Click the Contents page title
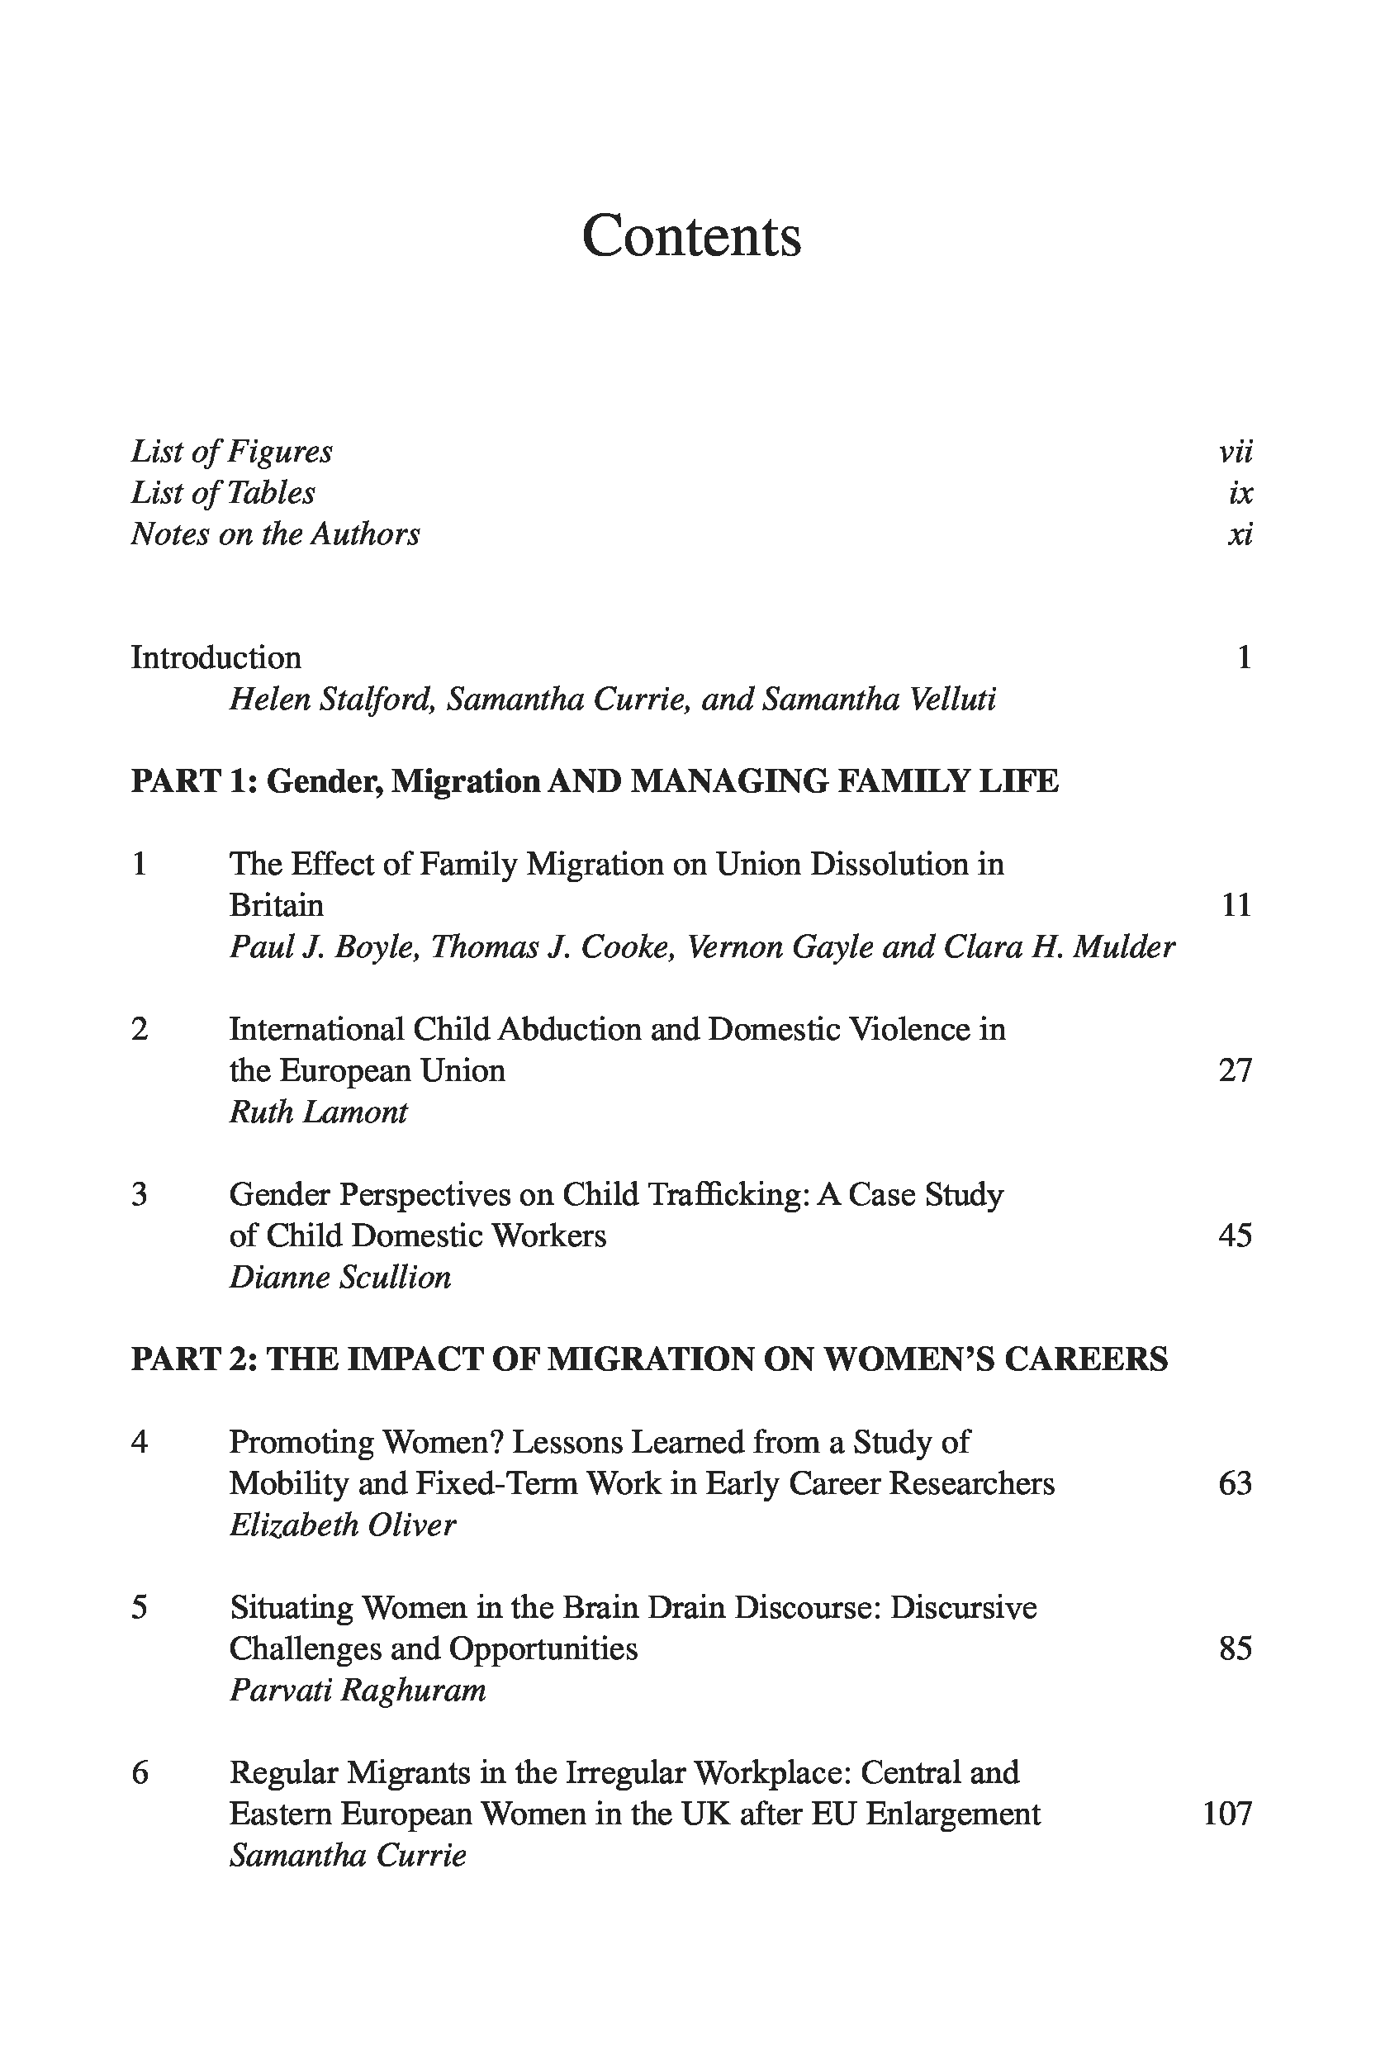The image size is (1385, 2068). click(x=691, y=237)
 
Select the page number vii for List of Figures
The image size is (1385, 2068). click(x=1235, y=453)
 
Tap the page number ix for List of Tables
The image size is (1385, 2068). click(x=1240, y=493)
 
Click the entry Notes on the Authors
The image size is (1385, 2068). click(x=276, y=534)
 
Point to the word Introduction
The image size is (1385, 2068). click(x=216, y=658)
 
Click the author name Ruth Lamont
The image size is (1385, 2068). click(x=318, y=1112)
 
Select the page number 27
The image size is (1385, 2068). click(x=1235, y=1070)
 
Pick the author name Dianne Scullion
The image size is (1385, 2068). click(x=340, y=1278)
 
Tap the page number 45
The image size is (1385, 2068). click(x=1235, y=1236)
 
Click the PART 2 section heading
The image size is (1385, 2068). click(x=649, y=1359)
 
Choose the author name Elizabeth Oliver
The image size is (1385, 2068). click(x=343, y=1525)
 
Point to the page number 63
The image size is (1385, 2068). click(x=1235, y=1484)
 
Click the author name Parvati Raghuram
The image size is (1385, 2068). click(x=358, y=1691)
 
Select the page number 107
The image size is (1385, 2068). click(x=1228, y=1814)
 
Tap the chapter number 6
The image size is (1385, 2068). click(x=140, y=1773)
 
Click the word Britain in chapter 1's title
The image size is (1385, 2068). click(x=277, y=905)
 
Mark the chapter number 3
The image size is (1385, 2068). click(x=140, y=1194)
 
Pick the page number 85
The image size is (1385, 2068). click(x=1235, y=1649)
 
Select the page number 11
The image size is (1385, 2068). click(x=1236, y=905)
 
